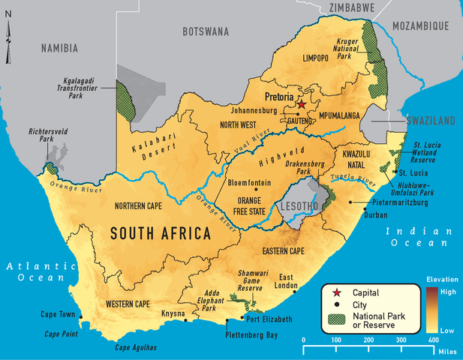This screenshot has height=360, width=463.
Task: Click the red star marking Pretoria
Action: (302, 105)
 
